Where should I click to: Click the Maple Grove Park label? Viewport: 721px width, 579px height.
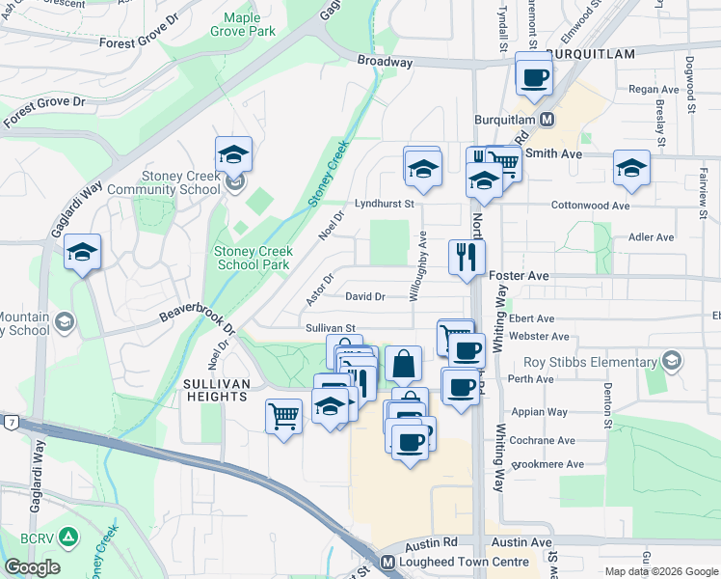click(x=249, y=24)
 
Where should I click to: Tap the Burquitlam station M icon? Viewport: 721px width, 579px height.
click(x=547, y=120)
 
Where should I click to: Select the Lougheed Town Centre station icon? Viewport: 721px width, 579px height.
click(x=387, y=562)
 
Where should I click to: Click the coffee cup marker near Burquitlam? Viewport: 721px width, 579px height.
click(x=534, y=76)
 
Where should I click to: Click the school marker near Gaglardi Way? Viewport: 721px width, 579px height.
click(x=83, y=253)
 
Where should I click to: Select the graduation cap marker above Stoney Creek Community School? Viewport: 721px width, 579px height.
click(x=233, y=153)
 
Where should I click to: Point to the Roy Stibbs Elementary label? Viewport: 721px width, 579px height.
click(x=589, y=362)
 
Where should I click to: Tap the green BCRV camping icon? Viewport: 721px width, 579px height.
click(x=68, y=537)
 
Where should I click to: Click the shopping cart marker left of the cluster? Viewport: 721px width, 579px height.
click(x=283, y=416)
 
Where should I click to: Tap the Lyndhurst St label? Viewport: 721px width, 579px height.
click(x=383, y=204)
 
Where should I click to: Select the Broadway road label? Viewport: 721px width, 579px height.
click(x=385, y=61)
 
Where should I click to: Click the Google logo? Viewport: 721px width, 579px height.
click(x=32, y=567)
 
